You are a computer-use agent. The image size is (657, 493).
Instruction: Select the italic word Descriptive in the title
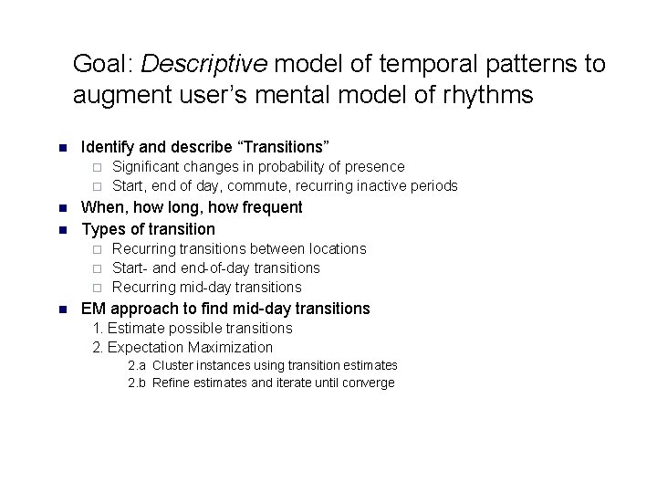click(x=204, y=64)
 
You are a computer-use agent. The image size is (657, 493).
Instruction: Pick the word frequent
click(x=271, y=207)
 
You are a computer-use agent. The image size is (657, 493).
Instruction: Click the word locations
click(x=337, y=248)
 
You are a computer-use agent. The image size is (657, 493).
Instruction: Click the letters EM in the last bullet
click(x=93, y=309)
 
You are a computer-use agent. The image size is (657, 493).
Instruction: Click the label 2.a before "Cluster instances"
click(x=137, y=365)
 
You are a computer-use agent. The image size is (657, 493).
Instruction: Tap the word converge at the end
click(x=368, y=383)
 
